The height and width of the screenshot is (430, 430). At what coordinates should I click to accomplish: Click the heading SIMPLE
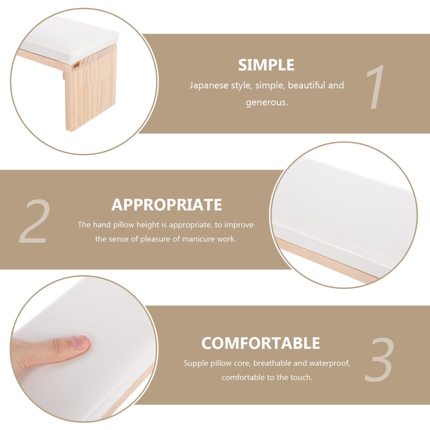pyautogui.click(x=266, y=65)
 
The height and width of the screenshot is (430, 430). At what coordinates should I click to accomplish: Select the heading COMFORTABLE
pyautogui.click(x=261, y=343)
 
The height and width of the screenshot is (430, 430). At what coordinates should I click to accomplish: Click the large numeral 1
pyautogui.click(x=375, y=87)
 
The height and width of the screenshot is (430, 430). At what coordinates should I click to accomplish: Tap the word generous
pyautogui.click(x=267, y=102)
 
